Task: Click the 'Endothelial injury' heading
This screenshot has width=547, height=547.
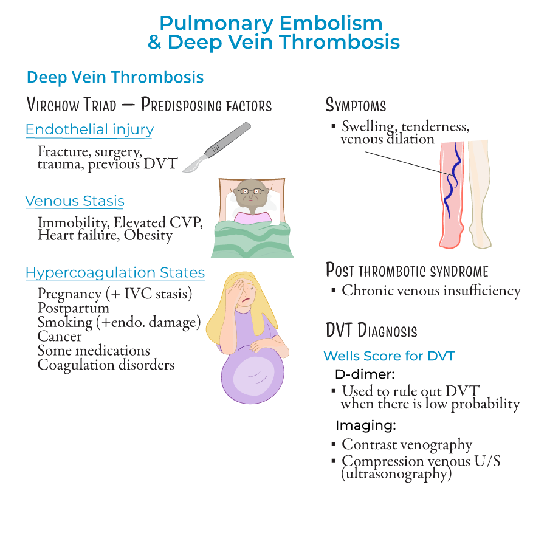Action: tap(89, 129)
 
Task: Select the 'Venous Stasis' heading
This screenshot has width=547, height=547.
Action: tap(75, 201)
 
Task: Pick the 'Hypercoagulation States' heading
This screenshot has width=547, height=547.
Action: tap(115, 273)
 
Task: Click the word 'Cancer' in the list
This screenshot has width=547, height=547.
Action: tap(60, 336)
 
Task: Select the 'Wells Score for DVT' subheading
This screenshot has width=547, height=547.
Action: tap(389, 356)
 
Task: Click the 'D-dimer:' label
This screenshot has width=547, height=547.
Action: tap(365, 373)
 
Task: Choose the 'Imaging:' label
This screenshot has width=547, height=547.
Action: tap(366, 425)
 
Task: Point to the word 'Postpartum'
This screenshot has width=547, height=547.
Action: tap(73, 308)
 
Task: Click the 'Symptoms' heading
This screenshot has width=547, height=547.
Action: tap(356, 105)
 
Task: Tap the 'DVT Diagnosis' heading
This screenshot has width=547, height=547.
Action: tap(371, 331)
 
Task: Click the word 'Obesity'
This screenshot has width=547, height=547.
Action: tap(148, 235)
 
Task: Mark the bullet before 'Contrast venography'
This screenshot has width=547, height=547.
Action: tap(333, 445)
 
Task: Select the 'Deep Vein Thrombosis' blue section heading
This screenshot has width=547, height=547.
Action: tap(115, 78)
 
